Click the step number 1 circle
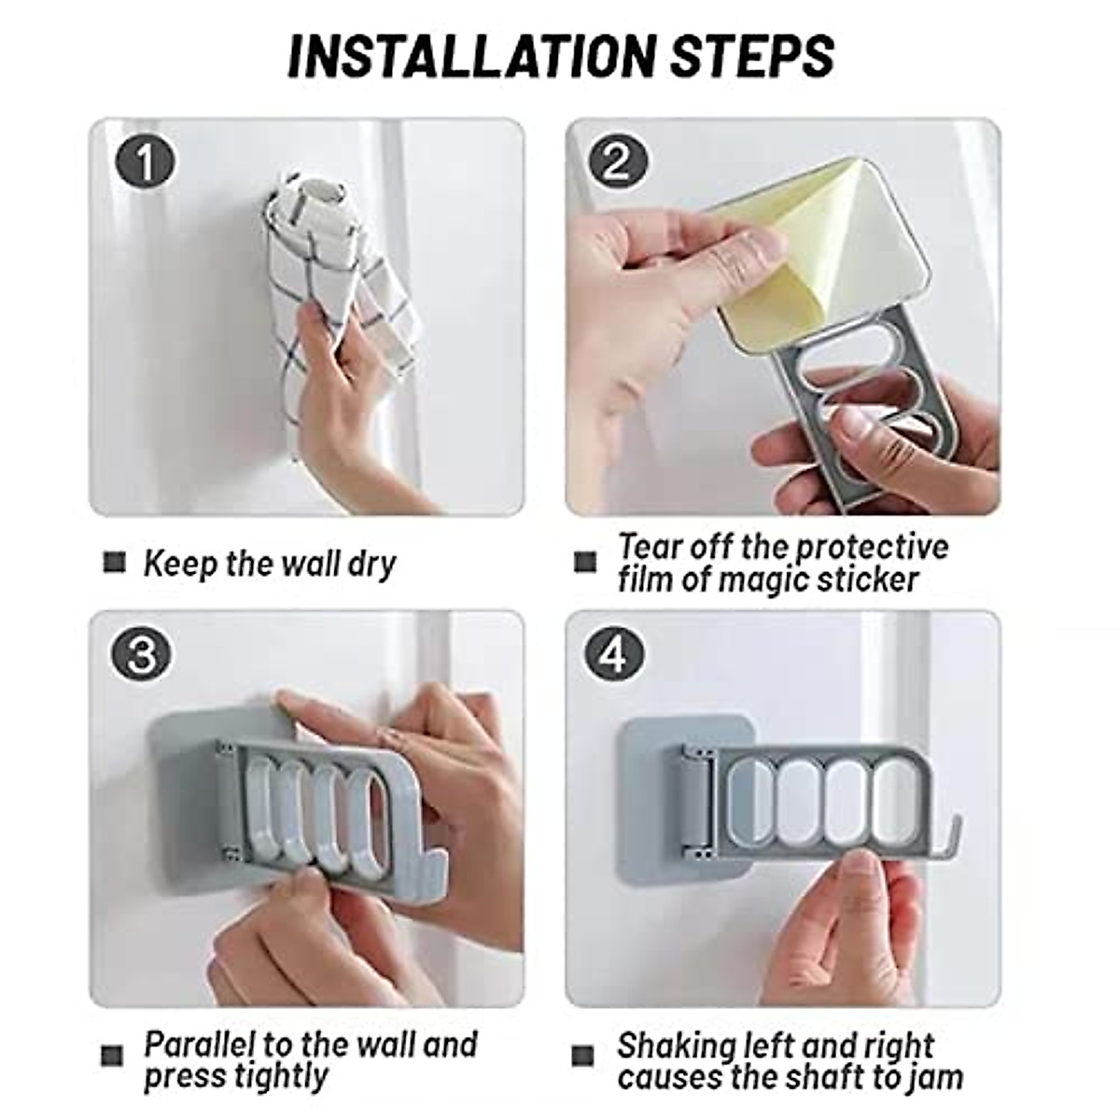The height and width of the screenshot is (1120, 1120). (x=145, y=163)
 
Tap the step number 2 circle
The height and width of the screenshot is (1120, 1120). (x=617, y=163)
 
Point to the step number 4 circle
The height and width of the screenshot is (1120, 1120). (x=613, y=656)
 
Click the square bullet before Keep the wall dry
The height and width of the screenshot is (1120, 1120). (x=113, y=563)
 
